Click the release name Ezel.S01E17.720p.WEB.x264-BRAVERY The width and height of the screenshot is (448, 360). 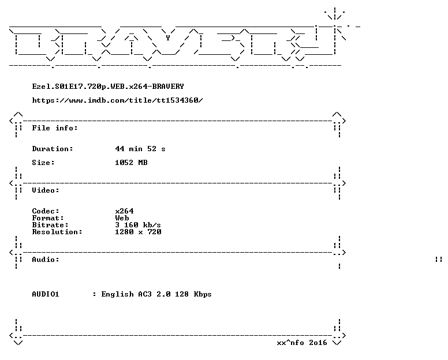pos(108,87)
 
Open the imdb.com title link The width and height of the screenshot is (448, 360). pos(117,100)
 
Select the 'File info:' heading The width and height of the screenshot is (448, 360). pos(55,128)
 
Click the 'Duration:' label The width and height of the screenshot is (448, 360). pos(53,149)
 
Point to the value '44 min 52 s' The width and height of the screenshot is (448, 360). pos(140,149)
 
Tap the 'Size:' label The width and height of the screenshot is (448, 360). pos(43,163)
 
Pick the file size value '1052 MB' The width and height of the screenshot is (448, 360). pos(131,163)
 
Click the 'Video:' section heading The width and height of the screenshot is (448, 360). pos(46,190)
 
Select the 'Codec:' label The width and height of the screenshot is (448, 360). pos(46,211)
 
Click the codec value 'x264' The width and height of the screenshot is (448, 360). pos(124,211)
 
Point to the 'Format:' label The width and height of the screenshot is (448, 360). pos(48,218)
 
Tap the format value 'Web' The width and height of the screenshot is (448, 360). pos(122,218)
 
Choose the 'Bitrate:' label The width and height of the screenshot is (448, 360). pos(50,224)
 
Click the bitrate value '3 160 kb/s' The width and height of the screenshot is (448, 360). pos(138,224)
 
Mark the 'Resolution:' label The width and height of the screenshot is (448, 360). pos(57,231)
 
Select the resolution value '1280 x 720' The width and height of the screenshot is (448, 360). pos(138,231)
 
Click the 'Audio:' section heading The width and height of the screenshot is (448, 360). pos(46,259)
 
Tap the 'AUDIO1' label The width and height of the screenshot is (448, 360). pos(46,294)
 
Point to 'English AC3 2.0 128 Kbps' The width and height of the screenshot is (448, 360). pos(156,294)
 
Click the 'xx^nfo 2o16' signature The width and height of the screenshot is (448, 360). pos(302,342)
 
